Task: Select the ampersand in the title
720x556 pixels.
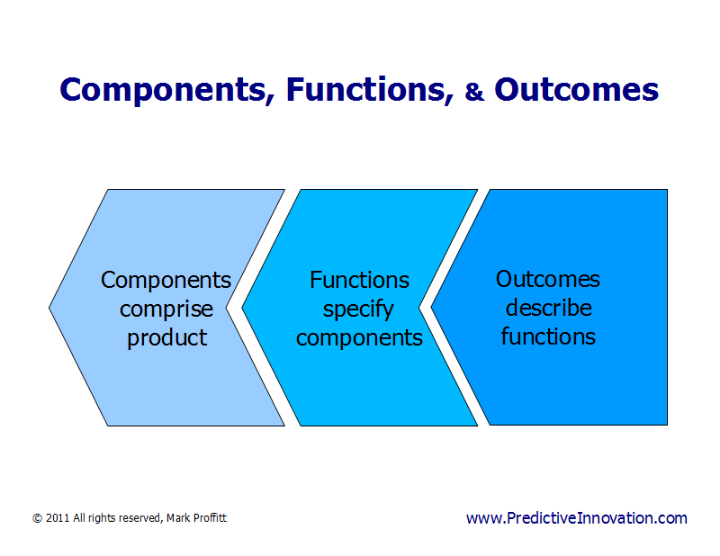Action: click(x=474, y=92)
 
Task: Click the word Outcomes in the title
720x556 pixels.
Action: click(x=576, y=90)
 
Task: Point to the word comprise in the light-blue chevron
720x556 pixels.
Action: click(x=166, y=309)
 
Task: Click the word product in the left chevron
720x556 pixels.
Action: click(x=166, y=338)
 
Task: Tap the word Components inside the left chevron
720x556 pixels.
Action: click(x=166, y=280)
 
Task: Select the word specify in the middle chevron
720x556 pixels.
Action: click(x=359, y=309)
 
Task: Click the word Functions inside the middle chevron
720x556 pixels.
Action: click(x=359, y=280)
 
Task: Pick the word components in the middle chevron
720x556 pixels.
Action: click(x=359, y=338)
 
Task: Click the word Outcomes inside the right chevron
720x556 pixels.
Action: click(x=547, y=279)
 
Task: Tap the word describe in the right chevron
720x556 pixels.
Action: click(x=547, y=308)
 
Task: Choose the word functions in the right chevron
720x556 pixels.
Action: click(x=547, y=336)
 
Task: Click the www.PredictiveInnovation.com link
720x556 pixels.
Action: click(x=576, y=518)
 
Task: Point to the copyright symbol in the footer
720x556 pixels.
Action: click(x=37, y=519)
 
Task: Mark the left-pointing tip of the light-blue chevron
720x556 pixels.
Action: click(x=50, y=308)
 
